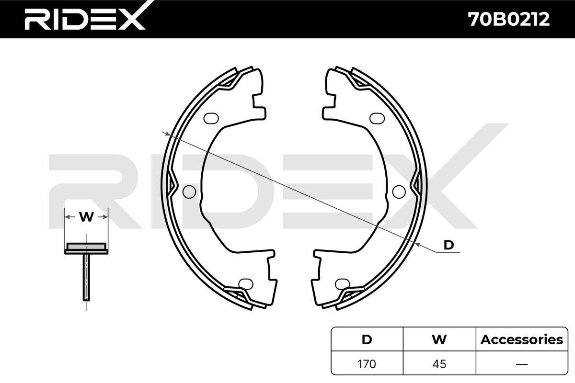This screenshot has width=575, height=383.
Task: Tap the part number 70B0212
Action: coord(509,20)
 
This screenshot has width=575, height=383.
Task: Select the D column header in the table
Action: coord(367,339)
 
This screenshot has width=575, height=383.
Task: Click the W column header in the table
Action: coord(439,339)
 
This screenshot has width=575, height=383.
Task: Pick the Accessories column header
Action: coord(522,339)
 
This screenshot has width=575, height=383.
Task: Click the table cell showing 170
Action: coord(367,364)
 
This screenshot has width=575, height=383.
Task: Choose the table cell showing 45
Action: coord(439,364)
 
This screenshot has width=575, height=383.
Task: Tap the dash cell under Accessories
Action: coord(522,364)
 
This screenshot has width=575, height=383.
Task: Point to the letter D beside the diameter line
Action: coord(448,245)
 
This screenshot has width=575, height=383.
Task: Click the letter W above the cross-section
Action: coord(86,217)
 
